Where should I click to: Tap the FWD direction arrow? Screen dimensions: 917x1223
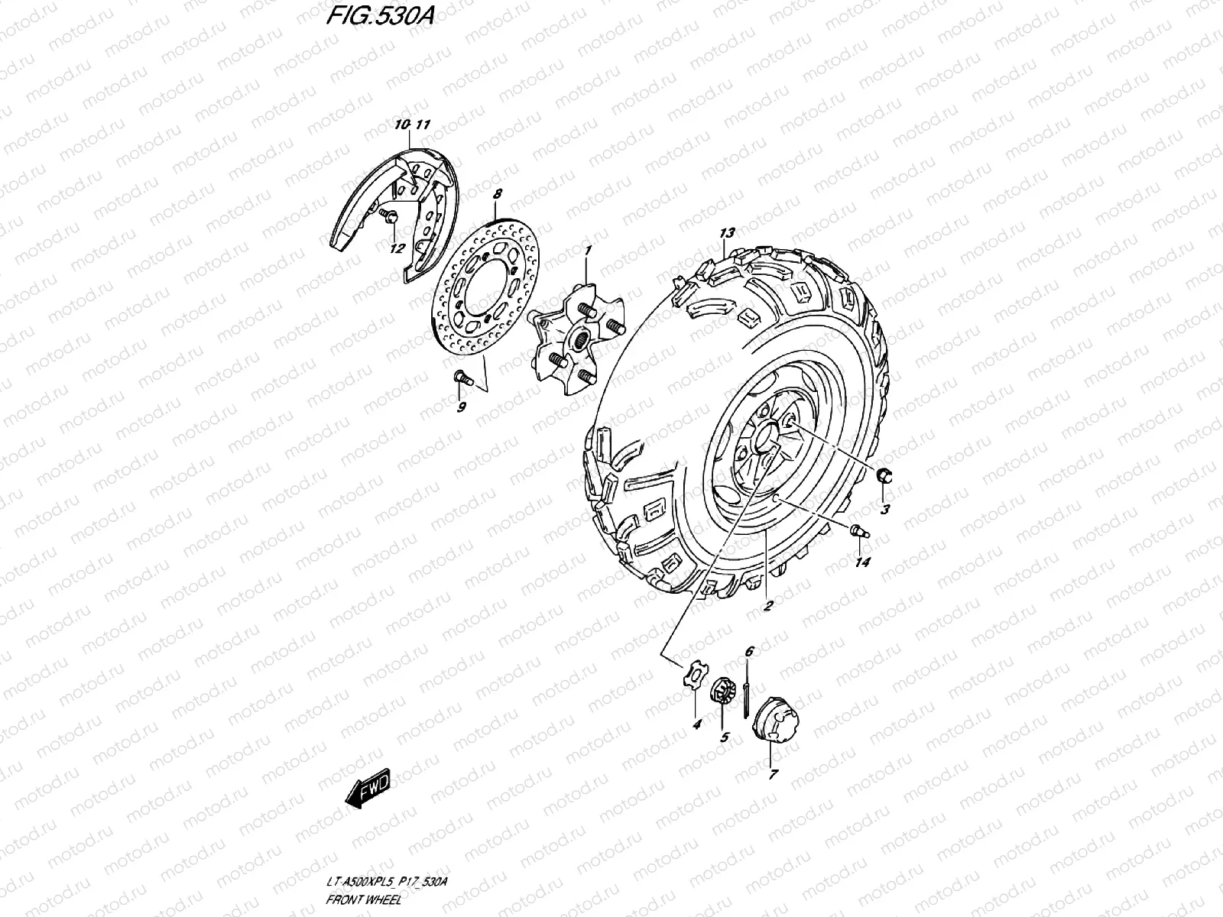368,789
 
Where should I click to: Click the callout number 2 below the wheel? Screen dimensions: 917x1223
768,606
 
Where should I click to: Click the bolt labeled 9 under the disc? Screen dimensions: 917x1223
460,377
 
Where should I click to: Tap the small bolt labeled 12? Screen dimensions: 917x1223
390,218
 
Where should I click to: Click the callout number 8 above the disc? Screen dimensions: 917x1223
497,196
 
